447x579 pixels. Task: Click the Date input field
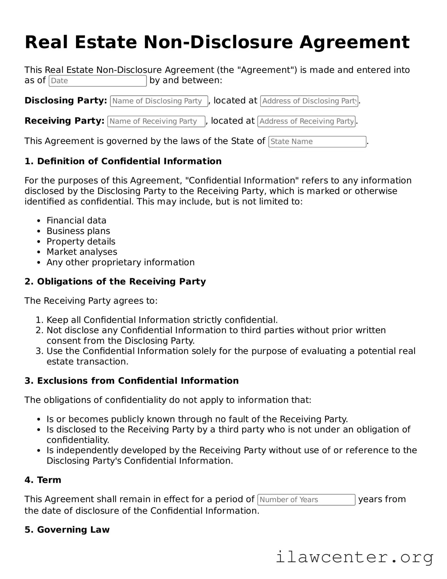(98, 81)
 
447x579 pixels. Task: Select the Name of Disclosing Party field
(159, 101)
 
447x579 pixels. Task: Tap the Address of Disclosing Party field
(309, 101)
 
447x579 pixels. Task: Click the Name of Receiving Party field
(156, 121)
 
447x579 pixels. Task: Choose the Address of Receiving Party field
(306, 121)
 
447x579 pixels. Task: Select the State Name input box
(317, 142)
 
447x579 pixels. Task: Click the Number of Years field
(306, 500)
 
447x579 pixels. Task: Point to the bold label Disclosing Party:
(66, 100)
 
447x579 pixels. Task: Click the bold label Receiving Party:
(64, 121)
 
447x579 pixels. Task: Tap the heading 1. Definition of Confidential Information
(123, 161)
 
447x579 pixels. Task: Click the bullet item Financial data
(76, 221)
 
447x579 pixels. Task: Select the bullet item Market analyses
(82, 252)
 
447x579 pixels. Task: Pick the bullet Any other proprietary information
(120, 262)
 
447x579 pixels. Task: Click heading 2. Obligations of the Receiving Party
(115, 282)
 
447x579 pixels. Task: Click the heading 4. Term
(43, 480)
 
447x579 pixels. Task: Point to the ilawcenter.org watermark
(354, 557)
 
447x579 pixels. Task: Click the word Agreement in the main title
(354, 42)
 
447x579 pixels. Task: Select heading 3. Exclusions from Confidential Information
(131, 381)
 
